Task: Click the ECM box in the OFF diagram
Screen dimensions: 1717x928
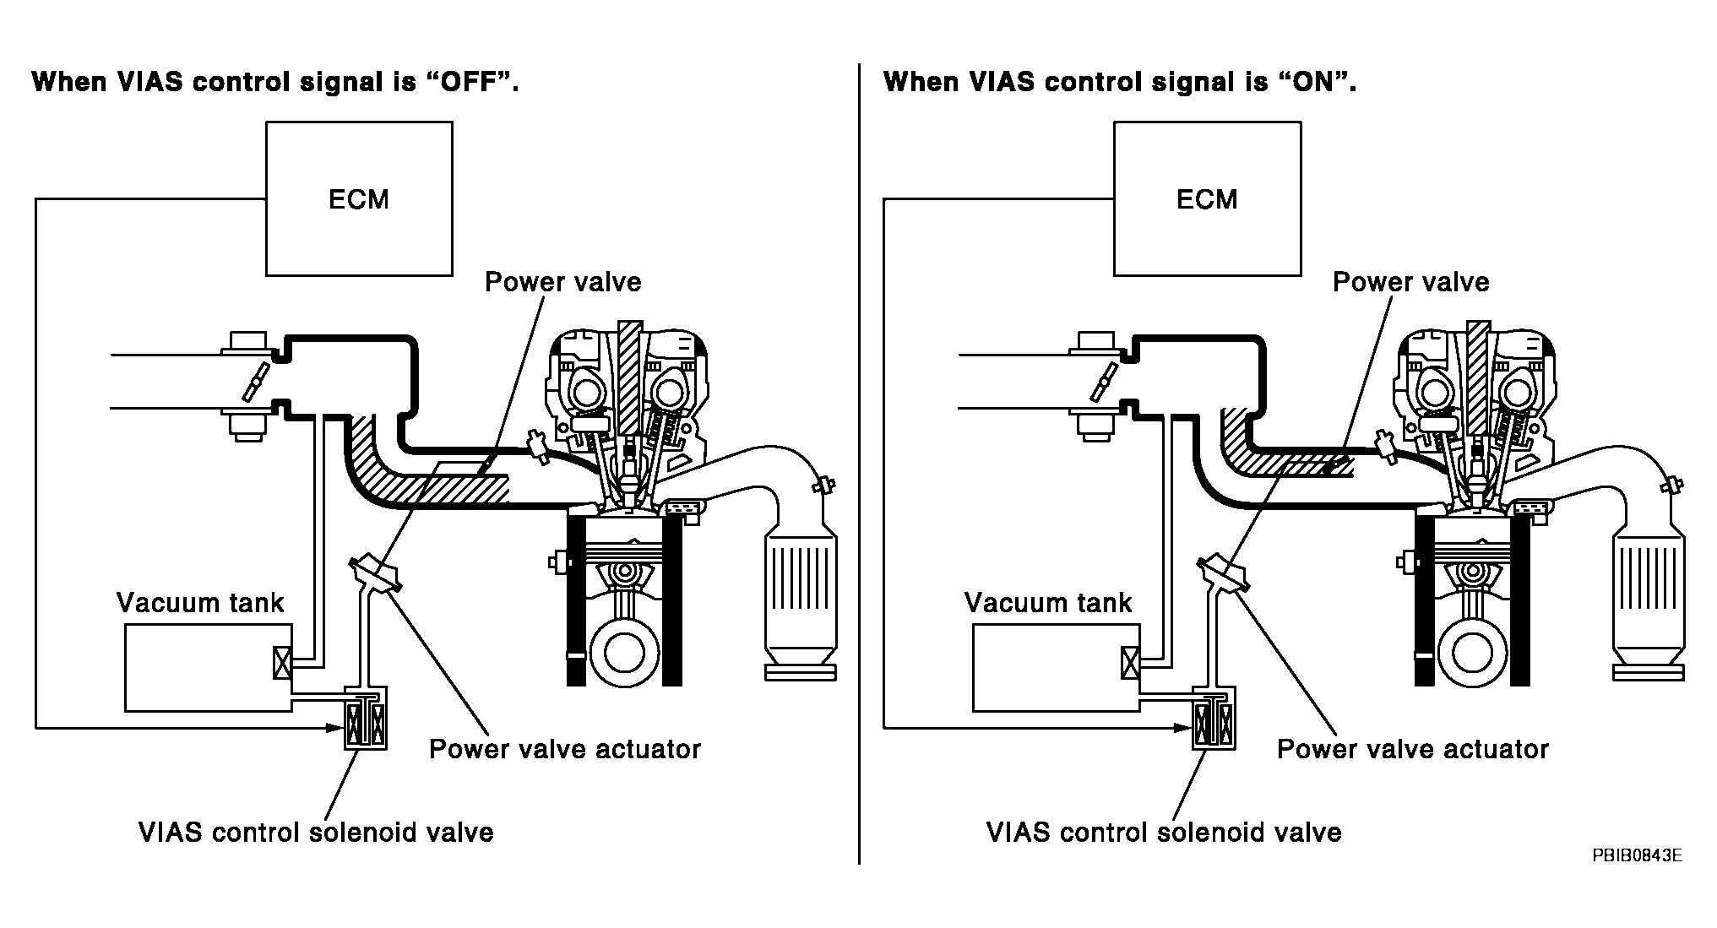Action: point(359,198)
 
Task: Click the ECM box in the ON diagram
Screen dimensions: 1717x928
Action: point(1207,198)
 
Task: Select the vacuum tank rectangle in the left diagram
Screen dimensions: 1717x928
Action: point(208,668)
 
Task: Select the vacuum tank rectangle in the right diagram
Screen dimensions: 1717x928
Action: point(1056,668)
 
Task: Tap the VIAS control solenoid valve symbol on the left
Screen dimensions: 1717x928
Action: point(366,717)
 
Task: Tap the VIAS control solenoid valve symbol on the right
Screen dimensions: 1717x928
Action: point(1214,717)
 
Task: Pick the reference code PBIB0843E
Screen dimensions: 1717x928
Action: point(1637,855)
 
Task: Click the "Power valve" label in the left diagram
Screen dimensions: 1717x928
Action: point(563,281)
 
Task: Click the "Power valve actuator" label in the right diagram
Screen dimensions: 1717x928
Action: point(1413,749)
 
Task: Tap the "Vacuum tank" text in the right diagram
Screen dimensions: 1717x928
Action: point(1048,602)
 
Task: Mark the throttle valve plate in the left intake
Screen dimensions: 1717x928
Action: point(254,382)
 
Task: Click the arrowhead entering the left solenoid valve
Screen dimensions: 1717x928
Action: point(336,726)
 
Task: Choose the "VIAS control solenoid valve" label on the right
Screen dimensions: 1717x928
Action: point(1164,833)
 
